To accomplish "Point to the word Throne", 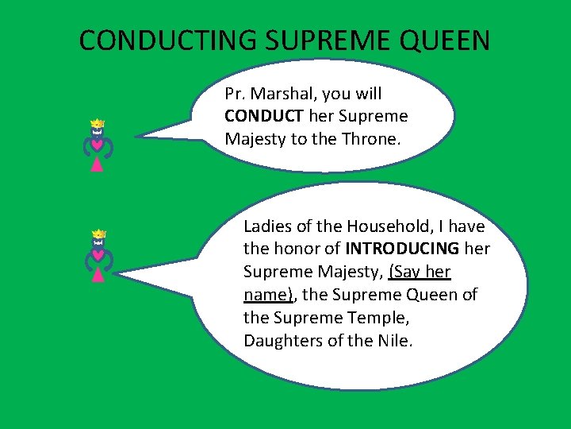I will [x=375, y=139].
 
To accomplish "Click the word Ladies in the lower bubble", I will [x=267, y=226].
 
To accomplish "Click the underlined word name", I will [x=265, y=295].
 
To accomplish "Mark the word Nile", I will [x=393, y=341].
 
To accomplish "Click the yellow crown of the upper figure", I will [x=98, y=124].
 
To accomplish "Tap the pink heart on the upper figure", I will [x=97, y=145].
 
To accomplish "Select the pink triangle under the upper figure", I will [x=97, y=165].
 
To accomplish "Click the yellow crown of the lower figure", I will [x=98, y=234].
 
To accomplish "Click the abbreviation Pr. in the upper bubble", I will [x=235, y=94].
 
